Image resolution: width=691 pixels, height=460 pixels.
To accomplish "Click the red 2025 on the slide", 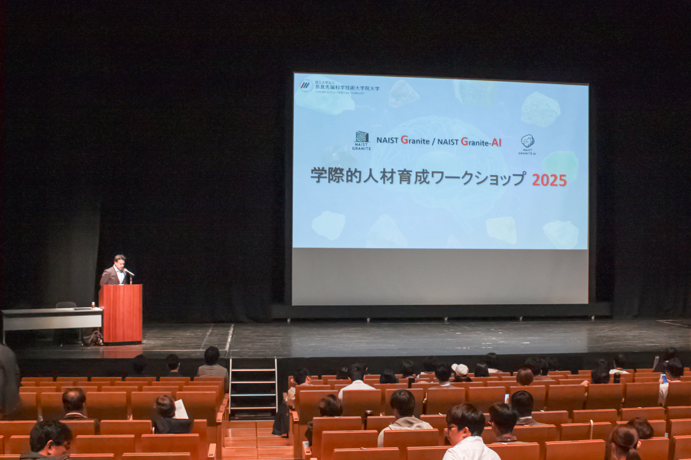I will pos(549,180).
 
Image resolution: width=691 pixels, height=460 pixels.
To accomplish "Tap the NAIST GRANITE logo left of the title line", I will pos(362,140).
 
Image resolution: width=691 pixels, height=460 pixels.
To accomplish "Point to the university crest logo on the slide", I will pos(306,86).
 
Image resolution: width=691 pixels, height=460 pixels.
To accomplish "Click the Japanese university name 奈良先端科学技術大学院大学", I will pos(347,88).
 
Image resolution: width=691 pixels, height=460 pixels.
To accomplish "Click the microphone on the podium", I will pos(129,272).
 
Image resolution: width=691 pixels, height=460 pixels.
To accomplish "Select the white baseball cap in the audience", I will pos(460,369).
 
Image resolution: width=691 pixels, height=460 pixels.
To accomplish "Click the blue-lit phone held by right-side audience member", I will pos(663,378).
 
